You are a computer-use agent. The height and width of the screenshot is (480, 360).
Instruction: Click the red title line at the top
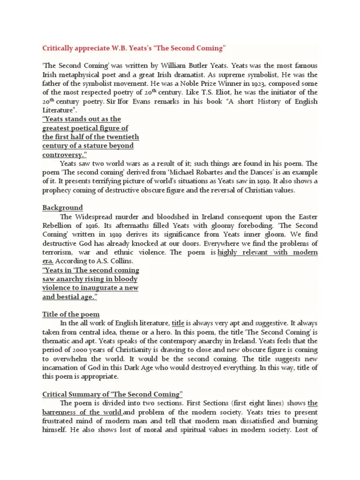point(134,48)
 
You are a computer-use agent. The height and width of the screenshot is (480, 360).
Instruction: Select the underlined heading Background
point(62,207)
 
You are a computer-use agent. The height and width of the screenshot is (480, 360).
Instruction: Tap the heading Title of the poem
point(71,314)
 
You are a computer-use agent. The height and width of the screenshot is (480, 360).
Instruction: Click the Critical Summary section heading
point(112,394)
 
